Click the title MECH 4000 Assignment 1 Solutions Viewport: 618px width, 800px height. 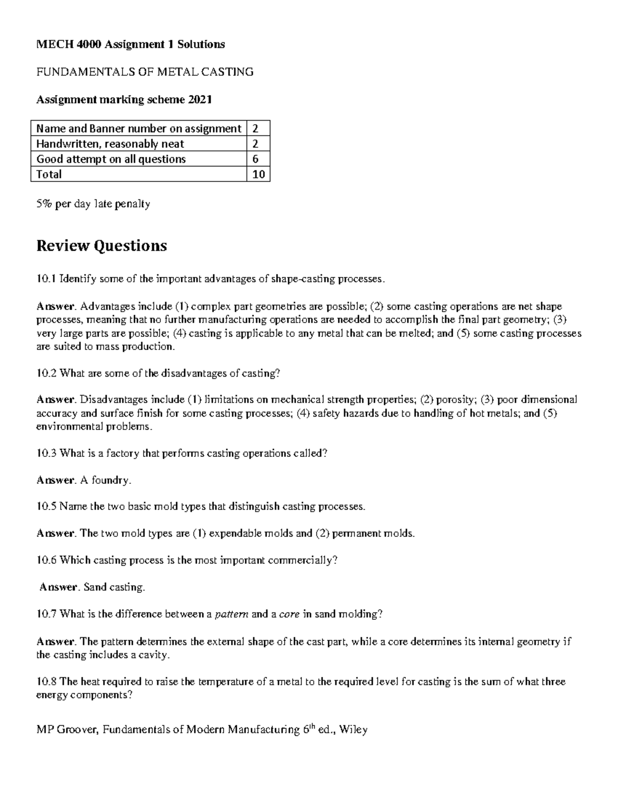(130, 44)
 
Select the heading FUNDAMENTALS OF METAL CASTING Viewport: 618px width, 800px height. (145, 72)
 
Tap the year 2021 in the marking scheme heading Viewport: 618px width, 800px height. (200, 99)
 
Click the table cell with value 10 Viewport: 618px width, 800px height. (259, 174)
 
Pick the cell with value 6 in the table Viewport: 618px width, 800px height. (255, 159)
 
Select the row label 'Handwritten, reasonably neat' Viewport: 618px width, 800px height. (110, 144)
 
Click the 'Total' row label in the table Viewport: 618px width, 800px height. (49, 174)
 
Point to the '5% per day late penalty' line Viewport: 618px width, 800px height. (93, 204)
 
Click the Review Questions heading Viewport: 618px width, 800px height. (101, 246)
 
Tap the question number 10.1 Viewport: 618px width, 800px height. (46, 279)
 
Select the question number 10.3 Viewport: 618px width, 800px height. (46, 453)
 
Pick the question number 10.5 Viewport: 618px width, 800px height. (46, 506)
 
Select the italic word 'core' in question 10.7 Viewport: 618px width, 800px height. (289, 614)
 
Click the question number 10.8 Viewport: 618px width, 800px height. (46, 682)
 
